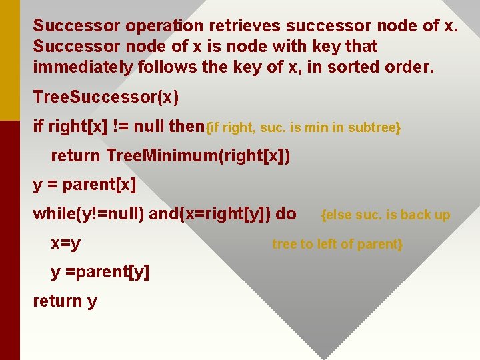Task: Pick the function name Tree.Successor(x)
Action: tap(106, 97)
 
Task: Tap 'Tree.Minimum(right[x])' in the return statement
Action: tap(197, 156)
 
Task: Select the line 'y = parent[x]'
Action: tap(84, 185)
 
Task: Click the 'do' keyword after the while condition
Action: tap(286, 214)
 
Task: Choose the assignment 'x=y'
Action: tap(66, 243)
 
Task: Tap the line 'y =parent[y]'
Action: tap(100, 272)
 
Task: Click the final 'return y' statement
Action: tap(65, 301)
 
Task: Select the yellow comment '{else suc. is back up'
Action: tap(385, 215)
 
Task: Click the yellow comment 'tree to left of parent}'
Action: tap(337, 244)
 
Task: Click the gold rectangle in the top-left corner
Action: tap(10, 60)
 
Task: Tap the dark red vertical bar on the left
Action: tap(10, 240)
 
